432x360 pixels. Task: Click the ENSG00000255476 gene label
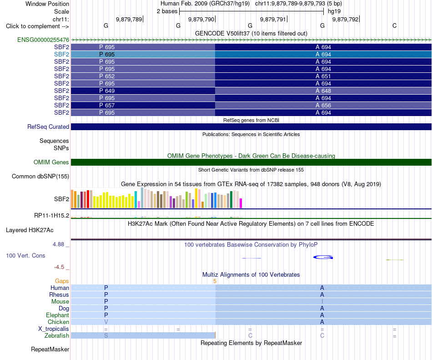43,40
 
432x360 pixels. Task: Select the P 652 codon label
107,76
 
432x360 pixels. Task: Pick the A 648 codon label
323,91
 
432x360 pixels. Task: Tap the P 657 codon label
107,105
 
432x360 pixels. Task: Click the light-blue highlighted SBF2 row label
61,54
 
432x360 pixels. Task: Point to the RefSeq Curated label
48,127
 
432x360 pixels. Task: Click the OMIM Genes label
51,162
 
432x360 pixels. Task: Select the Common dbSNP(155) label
40,177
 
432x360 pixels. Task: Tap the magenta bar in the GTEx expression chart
241,203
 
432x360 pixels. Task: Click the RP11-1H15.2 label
52,215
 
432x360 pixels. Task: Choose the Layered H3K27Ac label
30,230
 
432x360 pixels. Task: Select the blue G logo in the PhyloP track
323,257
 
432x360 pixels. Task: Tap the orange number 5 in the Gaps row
215,281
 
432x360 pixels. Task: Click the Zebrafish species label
57,336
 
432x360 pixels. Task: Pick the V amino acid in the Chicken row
106,322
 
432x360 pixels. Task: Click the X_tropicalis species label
54,329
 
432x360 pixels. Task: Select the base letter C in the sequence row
395,26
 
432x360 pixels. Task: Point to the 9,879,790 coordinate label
201,19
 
